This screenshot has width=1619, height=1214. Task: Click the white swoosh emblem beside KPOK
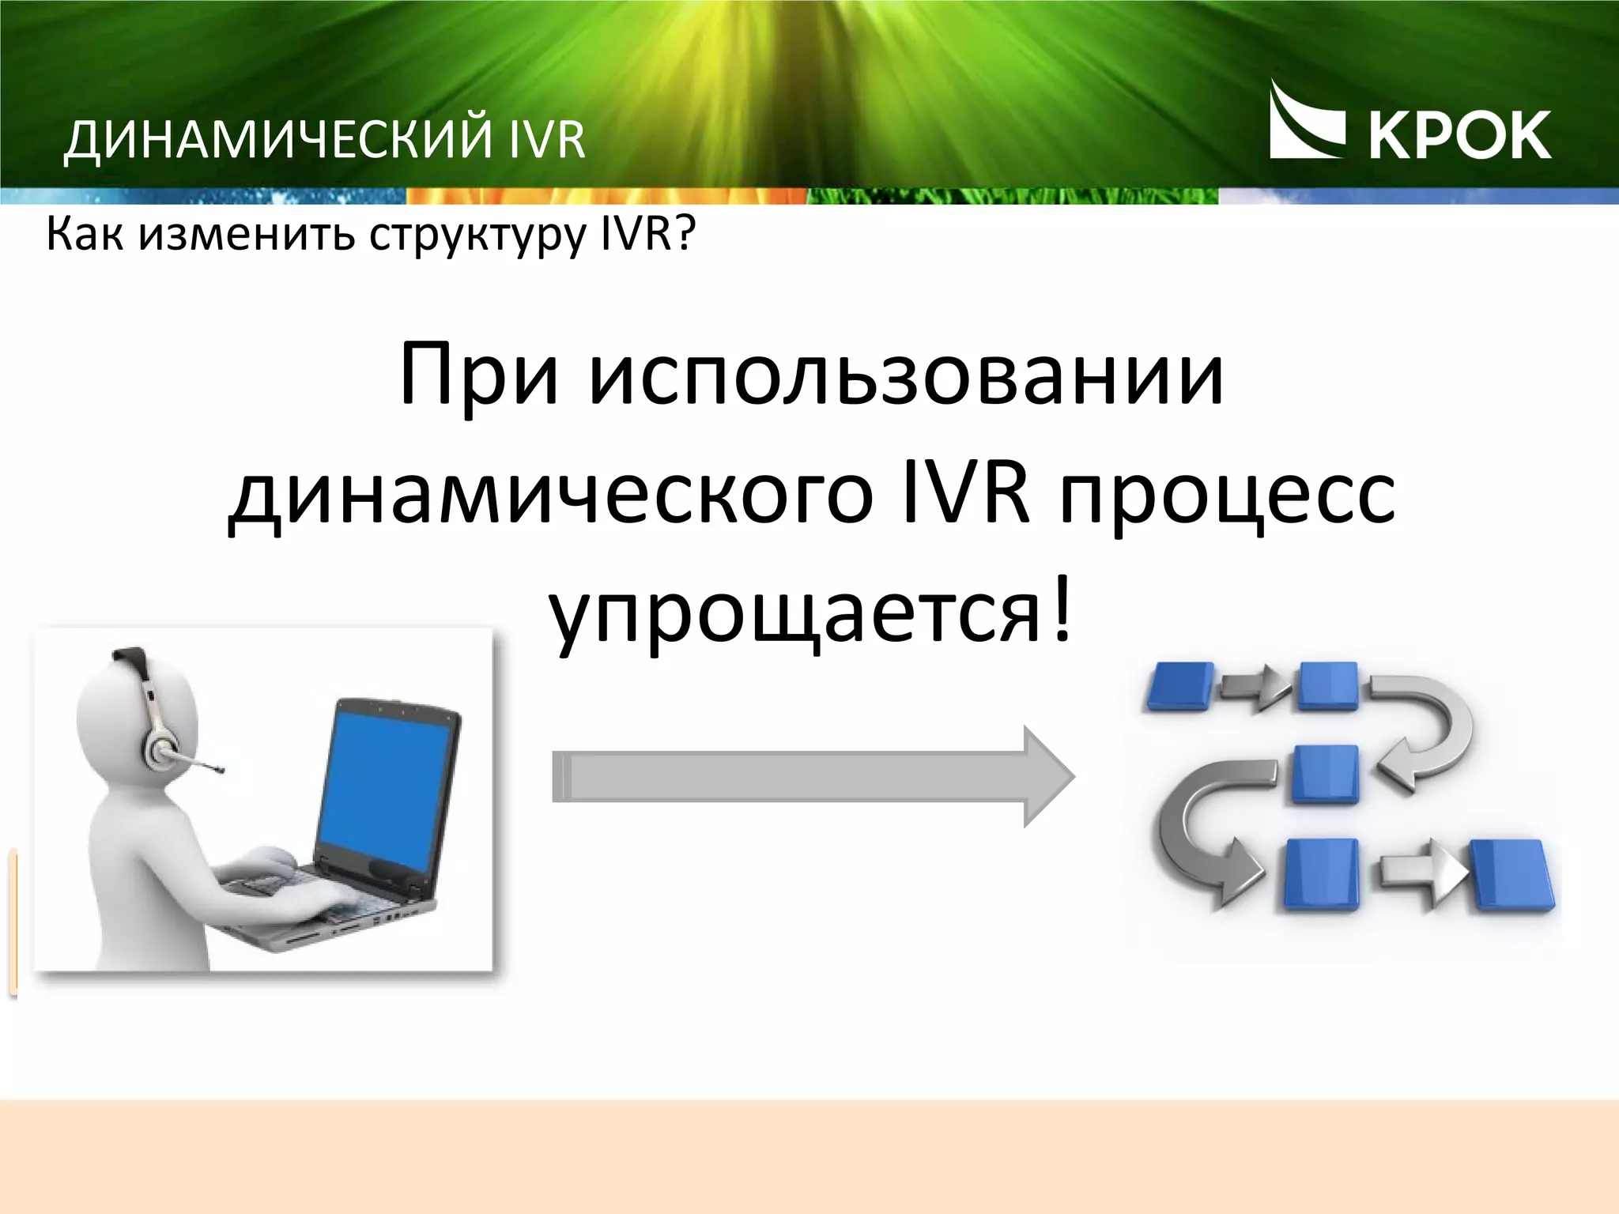1304,123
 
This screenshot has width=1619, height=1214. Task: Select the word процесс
1227,496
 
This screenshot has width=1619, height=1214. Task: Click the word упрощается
794,616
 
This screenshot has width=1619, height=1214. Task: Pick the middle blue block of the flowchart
1325,774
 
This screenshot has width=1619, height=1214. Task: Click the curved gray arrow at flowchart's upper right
1431,727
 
